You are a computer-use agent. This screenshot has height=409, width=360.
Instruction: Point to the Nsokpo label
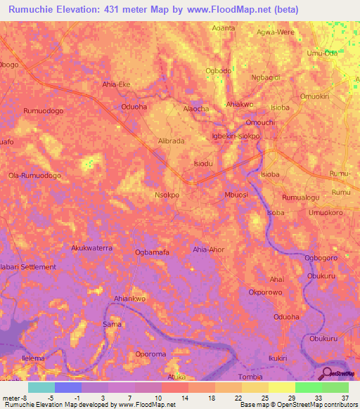click(167, 195)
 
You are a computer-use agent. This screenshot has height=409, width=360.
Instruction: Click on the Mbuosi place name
click(236, 195)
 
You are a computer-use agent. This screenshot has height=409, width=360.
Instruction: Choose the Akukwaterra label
click(92, 248)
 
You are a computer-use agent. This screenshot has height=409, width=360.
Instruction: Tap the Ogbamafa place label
click(152, 252)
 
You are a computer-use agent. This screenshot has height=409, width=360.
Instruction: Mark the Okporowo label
click(265, 292)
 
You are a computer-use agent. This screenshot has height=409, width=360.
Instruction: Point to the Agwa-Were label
click(295, 32)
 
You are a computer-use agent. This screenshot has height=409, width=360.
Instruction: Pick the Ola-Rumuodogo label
click(34, 175)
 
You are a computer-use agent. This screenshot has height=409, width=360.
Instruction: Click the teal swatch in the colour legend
click(41, 387)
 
